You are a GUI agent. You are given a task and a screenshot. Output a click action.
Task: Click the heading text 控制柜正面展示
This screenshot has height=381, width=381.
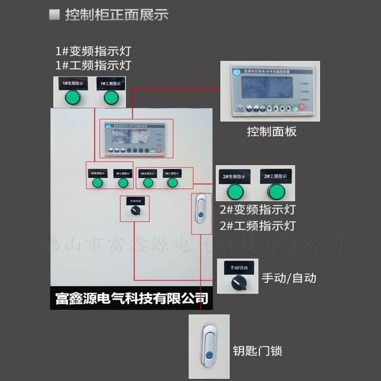click(117, 15)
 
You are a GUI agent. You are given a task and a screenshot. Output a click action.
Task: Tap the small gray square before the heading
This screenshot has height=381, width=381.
click(54, 15)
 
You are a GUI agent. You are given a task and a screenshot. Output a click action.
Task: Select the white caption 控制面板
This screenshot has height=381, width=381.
click(271, 131)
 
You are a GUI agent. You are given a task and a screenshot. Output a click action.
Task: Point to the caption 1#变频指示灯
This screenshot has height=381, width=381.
click(93, 50)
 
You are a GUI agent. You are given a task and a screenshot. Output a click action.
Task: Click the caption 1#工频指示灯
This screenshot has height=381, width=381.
click(93, 65)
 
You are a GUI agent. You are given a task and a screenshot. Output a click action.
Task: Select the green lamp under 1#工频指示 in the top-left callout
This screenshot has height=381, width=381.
click(110, 98)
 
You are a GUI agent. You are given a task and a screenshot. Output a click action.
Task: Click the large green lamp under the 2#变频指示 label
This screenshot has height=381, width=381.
click(235, 191)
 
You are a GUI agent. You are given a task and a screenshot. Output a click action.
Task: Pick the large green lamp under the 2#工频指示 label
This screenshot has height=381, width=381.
click(276, 191)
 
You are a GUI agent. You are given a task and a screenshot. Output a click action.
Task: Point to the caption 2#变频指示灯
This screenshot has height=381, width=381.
click(258, 210)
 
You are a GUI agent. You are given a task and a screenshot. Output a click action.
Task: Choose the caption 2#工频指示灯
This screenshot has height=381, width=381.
click(258, 225)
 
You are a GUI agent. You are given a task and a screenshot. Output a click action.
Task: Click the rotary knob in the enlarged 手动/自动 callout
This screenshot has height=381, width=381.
click(237, 284)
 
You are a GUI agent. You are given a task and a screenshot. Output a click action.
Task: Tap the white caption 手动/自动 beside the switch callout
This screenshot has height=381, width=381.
click(289, 278)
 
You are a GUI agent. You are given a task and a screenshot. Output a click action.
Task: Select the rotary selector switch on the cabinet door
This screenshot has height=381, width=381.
click(134, 212)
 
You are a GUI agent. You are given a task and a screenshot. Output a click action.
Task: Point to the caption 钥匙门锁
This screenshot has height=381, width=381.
click(258, 351)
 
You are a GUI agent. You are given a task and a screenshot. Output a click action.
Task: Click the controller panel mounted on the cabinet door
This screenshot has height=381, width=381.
click(136, 139)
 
